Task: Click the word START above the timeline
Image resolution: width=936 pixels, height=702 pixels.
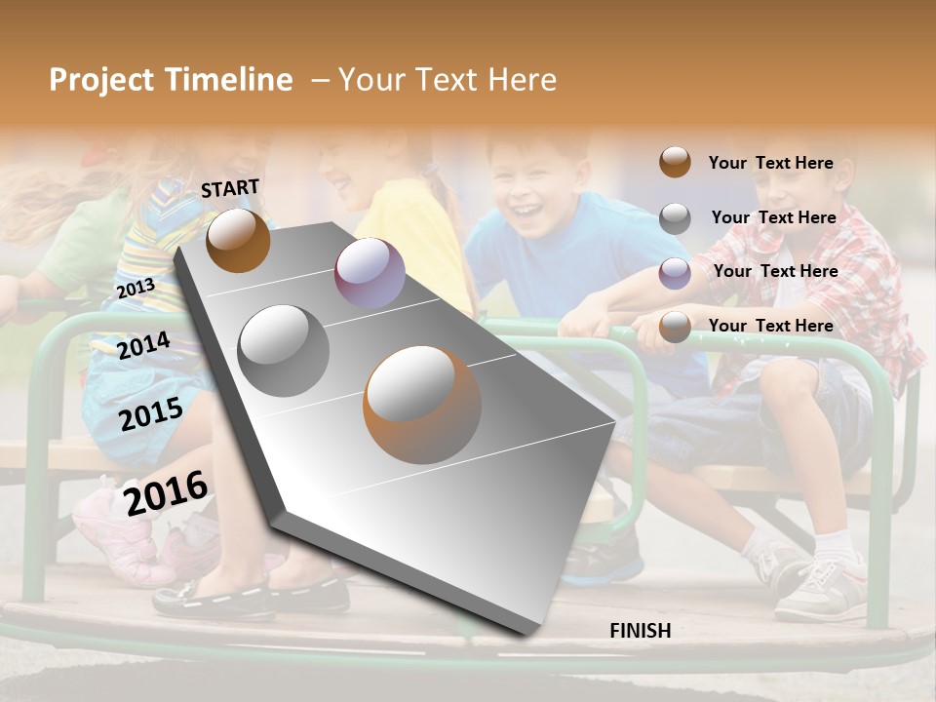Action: (x=230, y=188)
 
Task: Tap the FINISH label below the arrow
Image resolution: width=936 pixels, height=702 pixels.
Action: (x=640, y=631)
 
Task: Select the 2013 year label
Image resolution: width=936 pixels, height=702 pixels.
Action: (x=136, y=289)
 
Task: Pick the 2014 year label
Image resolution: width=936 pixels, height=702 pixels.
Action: (x=144, y=345)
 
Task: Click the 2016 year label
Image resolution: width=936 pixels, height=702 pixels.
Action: (x=166, y=491)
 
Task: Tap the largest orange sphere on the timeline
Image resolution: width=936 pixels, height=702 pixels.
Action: (x=422, y=405)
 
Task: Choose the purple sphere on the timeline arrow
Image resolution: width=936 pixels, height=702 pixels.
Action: (x=370, y=273)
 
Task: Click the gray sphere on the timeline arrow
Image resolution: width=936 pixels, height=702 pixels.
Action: (x=284, y=350)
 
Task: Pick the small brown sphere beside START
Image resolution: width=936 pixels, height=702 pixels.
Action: (x=238, y=240)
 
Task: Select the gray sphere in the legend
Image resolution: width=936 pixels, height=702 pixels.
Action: (x=675, y=218)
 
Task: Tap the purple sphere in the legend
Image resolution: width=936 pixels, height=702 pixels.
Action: (x=675, y=273)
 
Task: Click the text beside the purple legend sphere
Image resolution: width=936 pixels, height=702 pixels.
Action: (x=775, y=271)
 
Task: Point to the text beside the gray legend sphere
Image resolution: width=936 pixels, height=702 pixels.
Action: (x=773, y=217)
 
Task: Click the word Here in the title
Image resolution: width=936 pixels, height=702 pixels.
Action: (x=522, y=80)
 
